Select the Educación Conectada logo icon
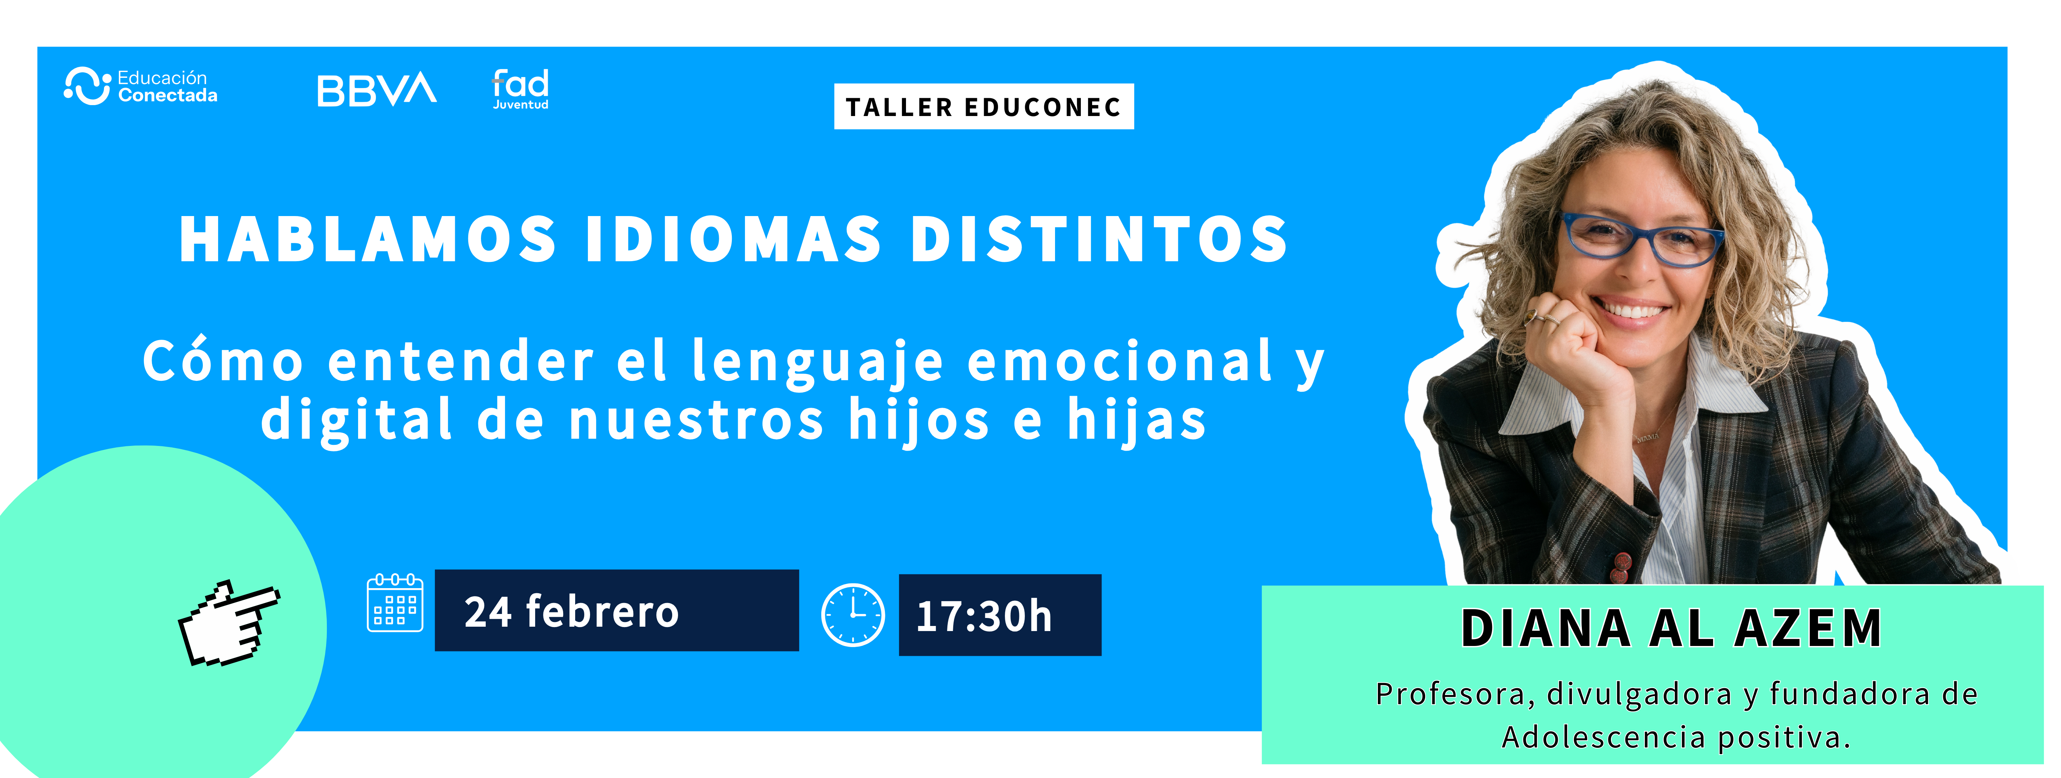[87, 85]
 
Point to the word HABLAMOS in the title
[368, 239]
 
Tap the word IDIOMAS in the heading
[734, 239]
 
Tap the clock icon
[853, 615]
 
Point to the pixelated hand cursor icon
[229, 623]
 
